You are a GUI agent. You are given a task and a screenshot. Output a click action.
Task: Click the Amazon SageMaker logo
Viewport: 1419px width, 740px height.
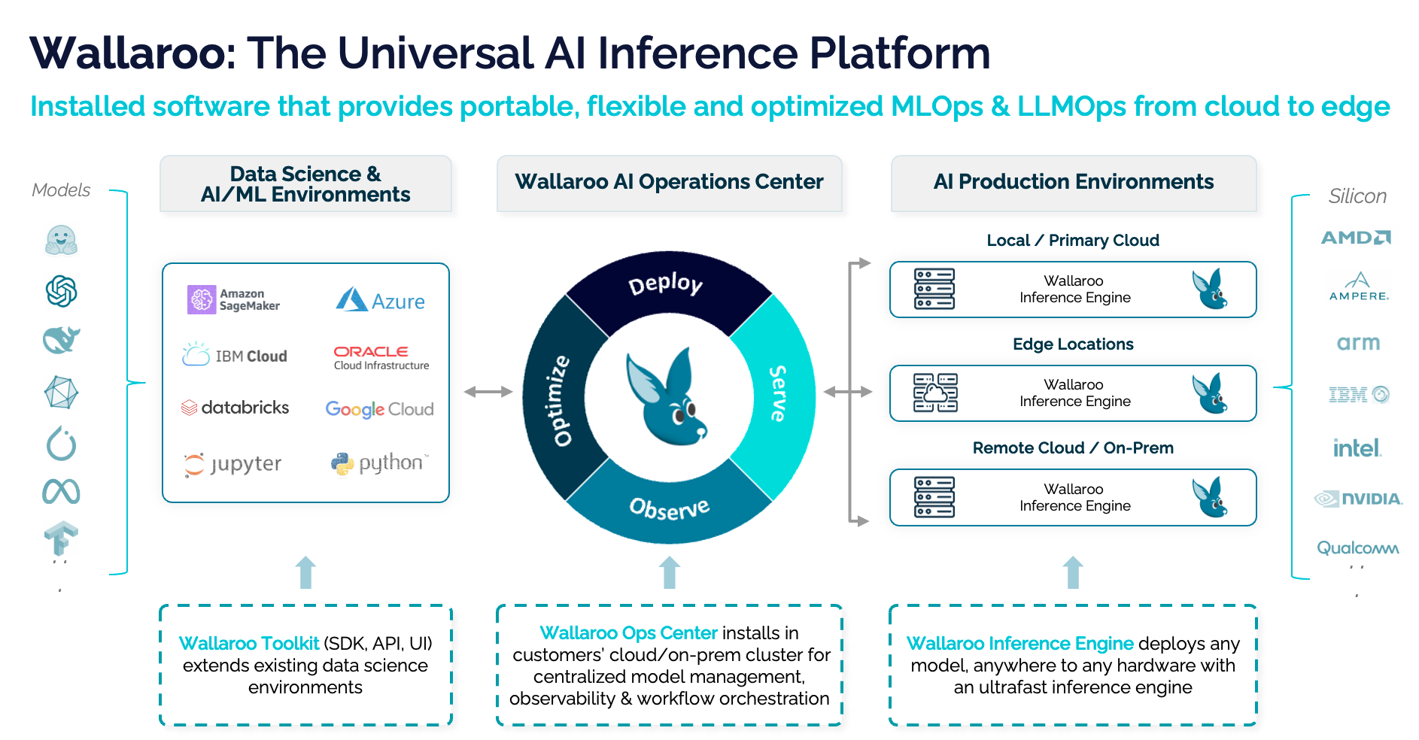[x=233, y=299]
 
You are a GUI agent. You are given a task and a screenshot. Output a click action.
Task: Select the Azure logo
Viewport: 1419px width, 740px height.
[x=380, y=300]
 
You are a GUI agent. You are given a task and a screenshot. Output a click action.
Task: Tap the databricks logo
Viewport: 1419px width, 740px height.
[x=235, y=408]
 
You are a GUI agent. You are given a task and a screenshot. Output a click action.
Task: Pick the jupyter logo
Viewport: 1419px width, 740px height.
[x=233, y=464]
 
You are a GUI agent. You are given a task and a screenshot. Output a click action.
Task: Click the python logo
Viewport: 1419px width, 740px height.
[x=379, y=463]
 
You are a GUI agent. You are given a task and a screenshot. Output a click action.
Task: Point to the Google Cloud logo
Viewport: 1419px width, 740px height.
[x=379, y=409]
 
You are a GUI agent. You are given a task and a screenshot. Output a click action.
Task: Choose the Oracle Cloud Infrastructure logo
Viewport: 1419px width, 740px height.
[x=381, y=357]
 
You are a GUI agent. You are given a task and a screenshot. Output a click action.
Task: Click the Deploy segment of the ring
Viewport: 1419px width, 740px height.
[x=666, y=286]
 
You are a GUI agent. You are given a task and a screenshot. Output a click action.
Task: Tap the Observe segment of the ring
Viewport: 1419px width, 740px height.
[x=669, y=508]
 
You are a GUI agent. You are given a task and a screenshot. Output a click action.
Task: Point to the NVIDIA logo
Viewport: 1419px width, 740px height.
[x=1358, y=499]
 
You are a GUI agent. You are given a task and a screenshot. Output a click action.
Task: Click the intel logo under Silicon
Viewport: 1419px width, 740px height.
[x=1357, y=449]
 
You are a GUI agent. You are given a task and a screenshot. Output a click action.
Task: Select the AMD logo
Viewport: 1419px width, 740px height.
[x=1356, y=238]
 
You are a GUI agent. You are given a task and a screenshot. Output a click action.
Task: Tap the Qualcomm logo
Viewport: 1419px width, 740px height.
[x=1357, y=547]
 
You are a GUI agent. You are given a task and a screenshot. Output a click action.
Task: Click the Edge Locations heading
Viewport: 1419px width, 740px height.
[x=1073, y=344]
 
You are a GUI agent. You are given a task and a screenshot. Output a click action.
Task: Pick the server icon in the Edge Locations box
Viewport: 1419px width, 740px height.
[x=935, y=393]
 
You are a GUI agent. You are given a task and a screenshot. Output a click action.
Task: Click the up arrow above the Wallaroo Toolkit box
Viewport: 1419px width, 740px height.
[x=305, y=572]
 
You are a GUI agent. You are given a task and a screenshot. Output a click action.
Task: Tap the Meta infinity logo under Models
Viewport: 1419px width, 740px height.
[x=61, y=492]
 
